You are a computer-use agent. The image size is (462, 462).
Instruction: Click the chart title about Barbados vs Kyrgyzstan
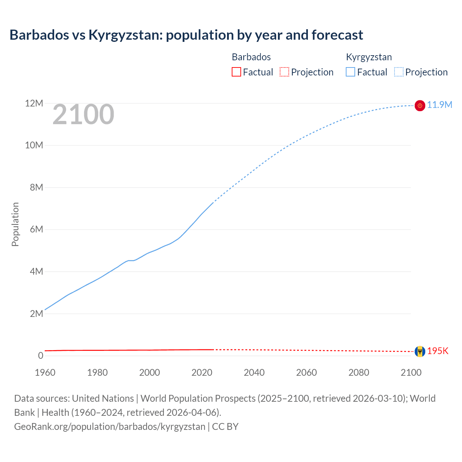click(x=186, y=35)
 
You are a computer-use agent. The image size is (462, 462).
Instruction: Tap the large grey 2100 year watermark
click(x=83, y=114)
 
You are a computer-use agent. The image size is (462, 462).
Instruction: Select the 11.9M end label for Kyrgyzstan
click(x=440, y=105)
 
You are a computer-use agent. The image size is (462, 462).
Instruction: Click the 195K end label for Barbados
click(x=438, y=351)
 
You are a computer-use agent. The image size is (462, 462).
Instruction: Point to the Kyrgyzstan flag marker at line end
click(x=420, y=105)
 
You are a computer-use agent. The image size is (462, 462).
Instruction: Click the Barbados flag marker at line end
click(x=420, y=352)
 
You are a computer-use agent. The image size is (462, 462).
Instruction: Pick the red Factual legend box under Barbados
click(x=236, y=72)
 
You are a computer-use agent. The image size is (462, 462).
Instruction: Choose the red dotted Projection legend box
click(x=284, y=72)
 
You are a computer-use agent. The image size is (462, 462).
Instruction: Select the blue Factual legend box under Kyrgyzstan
click(x=350, y=72)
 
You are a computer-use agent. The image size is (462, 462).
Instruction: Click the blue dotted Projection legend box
click(x=398, y=72)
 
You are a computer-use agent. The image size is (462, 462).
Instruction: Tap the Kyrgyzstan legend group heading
click(x=369, y=57)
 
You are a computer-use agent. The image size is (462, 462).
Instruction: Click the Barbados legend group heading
click(x=251, y=57)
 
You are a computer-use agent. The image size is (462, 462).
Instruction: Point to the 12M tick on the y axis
click(x=34, y=104)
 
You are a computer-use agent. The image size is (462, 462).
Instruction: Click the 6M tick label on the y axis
click(x=36, y=230)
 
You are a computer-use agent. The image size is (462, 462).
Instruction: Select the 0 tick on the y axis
click(x=40, y=356)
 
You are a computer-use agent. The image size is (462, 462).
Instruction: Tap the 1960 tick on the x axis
click(x=45, y=372)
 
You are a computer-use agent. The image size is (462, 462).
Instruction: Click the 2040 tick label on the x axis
click(x=254, y=372)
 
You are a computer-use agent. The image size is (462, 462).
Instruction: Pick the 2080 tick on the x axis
click(x=359, y=372)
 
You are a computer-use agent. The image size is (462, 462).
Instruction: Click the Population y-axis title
click(x=15, y=224)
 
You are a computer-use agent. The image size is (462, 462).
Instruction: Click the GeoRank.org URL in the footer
click(x=110, y=427)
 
